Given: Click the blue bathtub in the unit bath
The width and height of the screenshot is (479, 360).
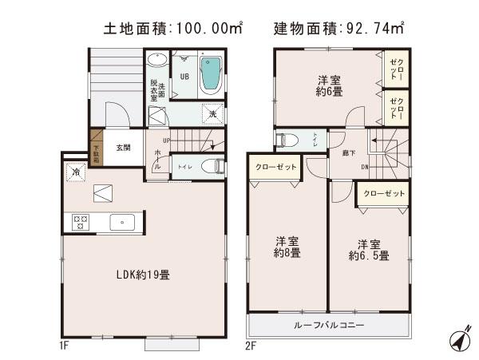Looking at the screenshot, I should click(209, 75).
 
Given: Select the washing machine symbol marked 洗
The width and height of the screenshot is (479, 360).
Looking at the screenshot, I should click(212, 114).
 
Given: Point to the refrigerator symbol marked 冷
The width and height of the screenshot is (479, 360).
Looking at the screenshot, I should click(73, 171).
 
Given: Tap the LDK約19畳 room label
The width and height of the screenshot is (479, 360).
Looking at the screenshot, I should click(142, 274).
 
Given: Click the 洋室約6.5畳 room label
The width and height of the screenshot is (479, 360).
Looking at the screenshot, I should click(369, 250).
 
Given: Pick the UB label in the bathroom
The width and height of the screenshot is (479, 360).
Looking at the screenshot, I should click(184, 77).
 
